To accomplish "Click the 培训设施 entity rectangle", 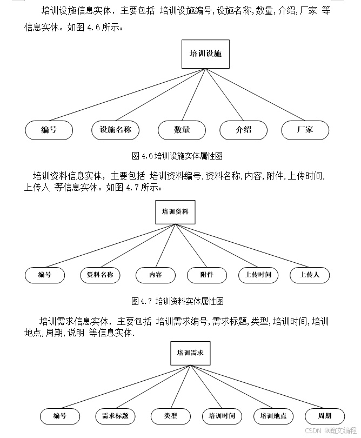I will pyautogui.click(x=205, y=54).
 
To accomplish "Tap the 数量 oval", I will pyautogui.click(x=182, y=130).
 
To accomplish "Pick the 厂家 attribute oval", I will pyautogui.click(x=305, y=130).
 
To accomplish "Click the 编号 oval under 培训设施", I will pyautogui.click(x=49, y=130).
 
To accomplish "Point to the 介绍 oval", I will pyautogui.click(x=244, y=130).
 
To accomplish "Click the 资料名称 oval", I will pyautogui.click(x=100, y=275).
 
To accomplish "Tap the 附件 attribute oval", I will pyautogui.click(x=206, y=275).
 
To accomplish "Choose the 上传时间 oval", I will pyautogui.click(x=258, y=275).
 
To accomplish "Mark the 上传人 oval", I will pyautogui.click(x=310, y=275).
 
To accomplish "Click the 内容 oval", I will pyautogui.click(x=156, y=275).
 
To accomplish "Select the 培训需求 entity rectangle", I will pyautogui.click(x=190, y=353).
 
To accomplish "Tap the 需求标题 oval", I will pyautogui.click(x=115, y=416).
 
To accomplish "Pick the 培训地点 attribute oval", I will pyautogui.click(x=273, y=416).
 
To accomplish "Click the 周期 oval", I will pyautogui.click(x=325, y=416).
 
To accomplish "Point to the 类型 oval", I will pyautogui.click(x=171, y=416).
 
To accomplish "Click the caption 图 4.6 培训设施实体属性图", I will pyautogui.click(x=177, y=156).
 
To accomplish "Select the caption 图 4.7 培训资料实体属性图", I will pyautogui.click(x=177, y=301).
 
